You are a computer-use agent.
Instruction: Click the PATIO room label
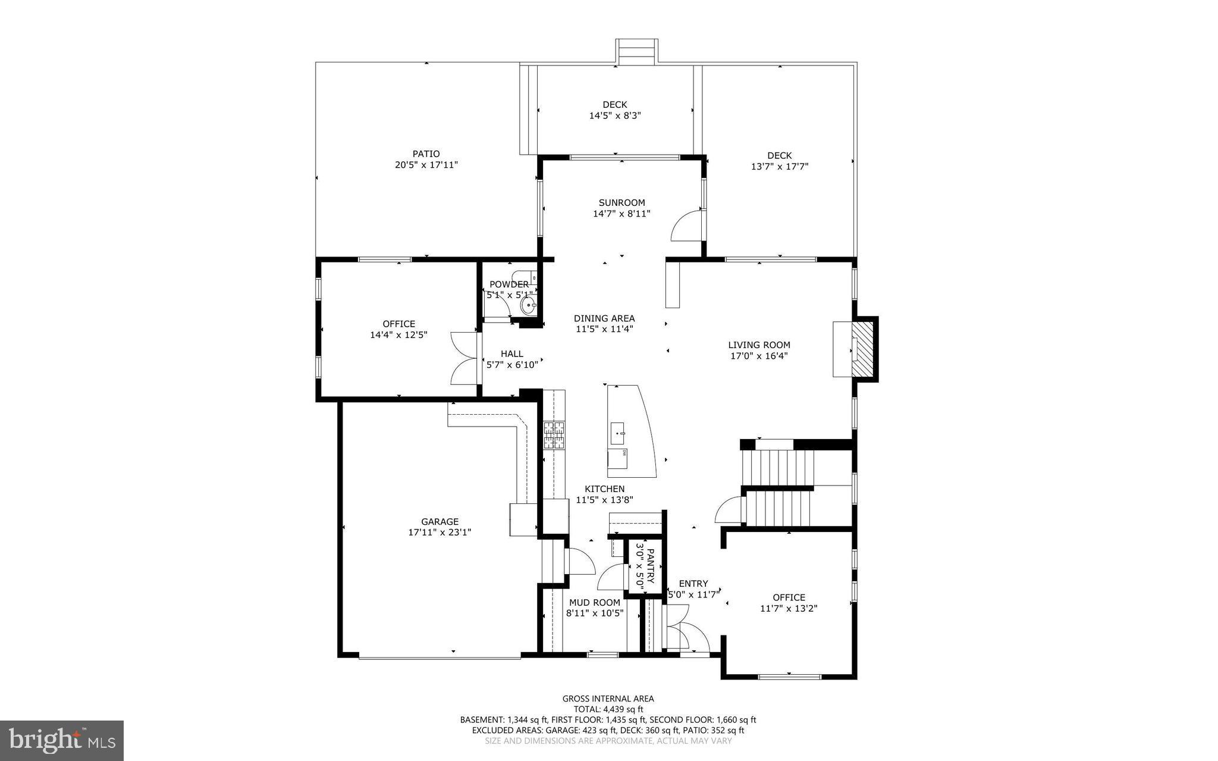[426, 154]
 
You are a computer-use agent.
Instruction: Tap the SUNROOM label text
[621, 202]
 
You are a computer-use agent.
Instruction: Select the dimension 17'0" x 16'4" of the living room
[759, 356]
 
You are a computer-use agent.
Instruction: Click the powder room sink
[528, 306]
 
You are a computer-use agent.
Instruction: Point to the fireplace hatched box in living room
[863, 349]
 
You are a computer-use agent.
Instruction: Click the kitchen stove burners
[554, 435]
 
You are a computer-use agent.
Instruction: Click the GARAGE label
[440, 522]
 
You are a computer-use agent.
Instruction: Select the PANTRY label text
[650, 566]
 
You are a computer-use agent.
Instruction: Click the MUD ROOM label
[594, 602]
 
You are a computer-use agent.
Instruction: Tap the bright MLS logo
[62, 740]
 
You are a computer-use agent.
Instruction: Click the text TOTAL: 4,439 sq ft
[608, 709]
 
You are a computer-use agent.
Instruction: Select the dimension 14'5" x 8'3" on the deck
[614, 115]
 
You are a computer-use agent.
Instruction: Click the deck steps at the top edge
[637, 51]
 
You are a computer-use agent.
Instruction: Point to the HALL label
[511, 353]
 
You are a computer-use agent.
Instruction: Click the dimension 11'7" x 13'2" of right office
[789, 608]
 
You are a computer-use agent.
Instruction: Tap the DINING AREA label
[604, 318]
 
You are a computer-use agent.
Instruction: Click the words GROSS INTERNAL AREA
[608, 699]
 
